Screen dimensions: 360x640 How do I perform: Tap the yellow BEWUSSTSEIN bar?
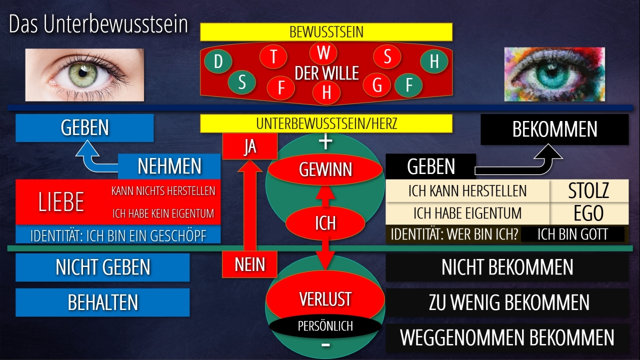point(326,32)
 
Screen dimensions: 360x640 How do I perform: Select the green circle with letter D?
point(218,62)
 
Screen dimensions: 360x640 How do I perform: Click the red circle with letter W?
point(323,53)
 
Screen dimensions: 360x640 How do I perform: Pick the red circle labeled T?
point(273,56)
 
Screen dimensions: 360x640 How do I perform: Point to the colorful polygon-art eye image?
point(554,74)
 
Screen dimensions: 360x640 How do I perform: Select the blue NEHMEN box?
point(169,166)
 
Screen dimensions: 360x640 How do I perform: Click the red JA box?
point(249,147)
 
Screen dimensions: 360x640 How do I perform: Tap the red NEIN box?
point(249,264)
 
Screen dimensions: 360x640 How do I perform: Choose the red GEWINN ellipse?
point(325,170)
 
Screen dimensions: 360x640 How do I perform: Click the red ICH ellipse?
point(325,222)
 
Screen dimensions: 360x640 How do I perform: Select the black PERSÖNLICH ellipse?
point(325,326)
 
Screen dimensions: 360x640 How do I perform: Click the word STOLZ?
point(589,191)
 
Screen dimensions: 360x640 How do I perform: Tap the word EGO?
point(589,213)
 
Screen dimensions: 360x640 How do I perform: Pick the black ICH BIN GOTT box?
point(572,234)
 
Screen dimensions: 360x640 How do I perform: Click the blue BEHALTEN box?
point(102,302)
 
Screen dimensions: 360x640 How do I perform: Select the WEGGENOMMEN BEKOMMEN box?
point(507,337)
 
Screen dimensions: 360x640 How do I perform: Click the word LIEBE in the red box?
point(61,202)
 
